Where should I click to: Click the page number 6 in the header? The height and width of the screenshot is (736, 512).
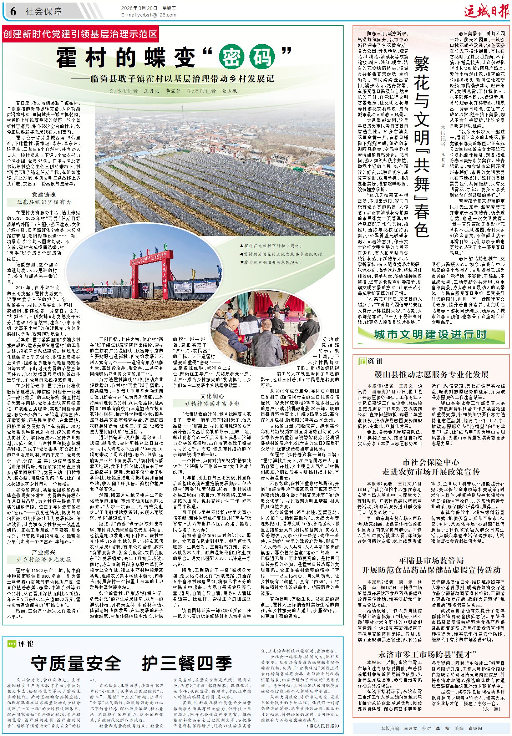coord(13,11)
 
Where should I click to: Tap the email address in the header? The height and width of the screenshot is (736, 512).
coord(148,15)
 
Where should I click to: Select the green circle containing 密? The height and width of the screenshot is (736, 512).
coord(232,57)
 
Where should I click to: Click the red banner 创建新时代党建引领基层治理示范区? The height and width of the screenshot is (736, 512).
coord(80,34)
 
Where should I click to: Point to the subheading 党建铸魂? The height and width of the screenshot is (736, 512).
coord(44,194)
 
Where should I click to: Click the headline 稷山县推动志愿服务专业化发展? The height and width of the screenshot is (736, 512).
coord(431,374)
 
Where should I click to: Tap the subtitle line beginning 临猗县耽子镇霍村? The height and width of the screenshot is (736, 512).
coord(182,79)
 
